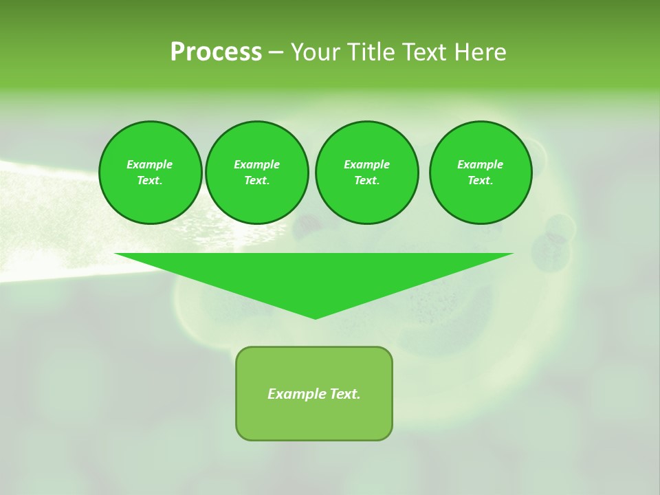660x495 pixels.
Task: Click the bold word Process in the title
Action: point(216,52)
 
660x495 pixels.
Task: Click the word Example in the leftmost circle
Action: point(150,164)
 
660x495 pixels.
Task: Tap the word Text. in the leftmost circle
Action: point(150,181)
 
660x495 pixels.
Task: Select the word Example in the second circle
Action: point(256,164)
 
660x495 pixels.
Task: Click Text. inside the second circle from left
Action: point(256,181)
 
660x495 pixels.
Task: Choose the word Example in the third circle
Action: point(366,164)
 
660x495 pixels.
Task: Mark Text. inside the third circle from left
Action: point(366,181)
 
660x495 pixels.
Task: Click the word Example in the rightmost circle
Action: point(480,164)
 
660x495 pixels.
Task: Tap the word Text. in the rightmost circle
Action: point(480,181)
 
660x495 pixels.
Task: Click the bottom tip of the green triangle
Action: point(315,317)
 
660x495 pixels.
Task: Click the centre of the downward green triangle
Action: point(314,276)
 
